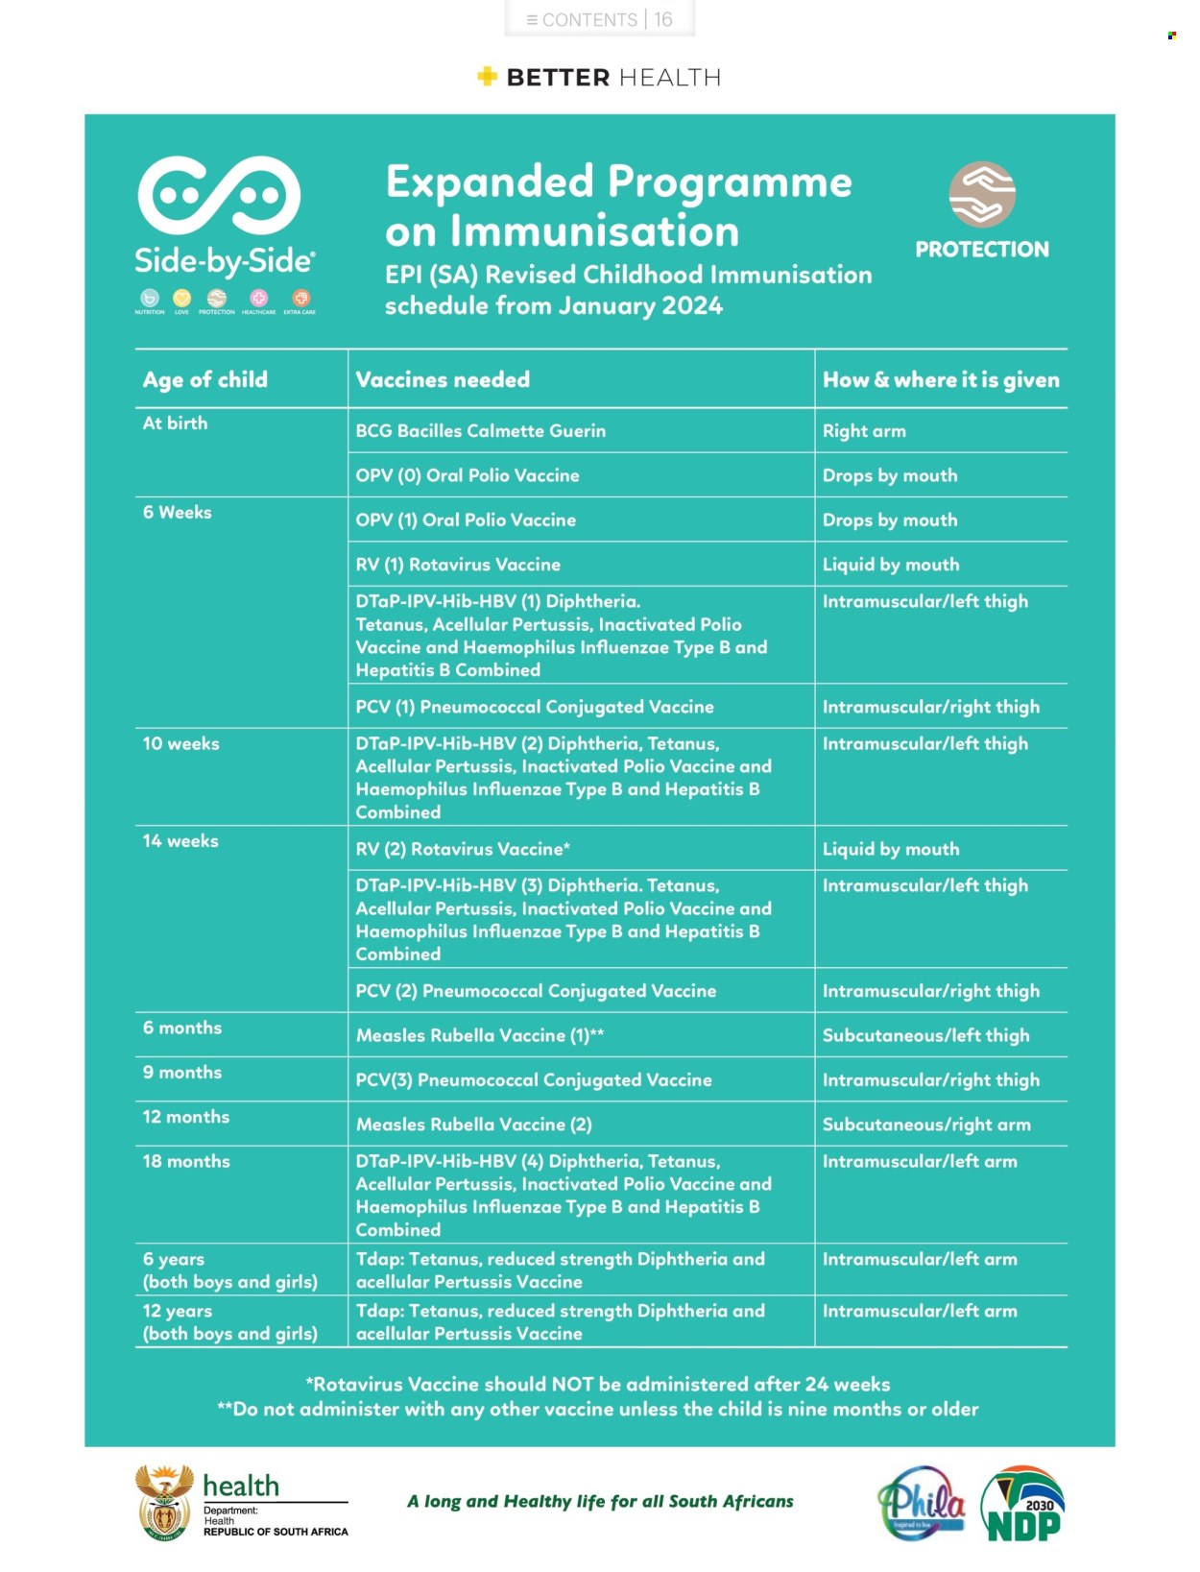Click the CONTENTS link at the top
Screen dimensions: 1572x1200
point(582,19)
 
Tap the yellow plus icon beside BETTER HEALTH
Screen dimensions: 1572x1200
point(487,76)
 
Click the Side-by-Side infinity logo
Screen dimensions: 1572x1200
point(219,196)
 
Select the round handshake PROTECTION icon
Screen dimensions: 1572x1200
point(981,193)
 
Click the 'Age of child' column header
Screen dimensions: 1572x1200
point(204,379)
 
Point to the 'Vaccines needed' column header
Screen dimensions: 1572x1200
point(443,379)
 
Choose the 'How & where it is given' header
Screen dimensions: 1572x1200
point(940,379)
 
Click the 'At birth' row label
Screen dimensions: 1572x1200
point(175,423)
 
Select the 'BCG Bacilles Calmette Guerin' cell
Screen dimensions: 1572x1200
point(480,431)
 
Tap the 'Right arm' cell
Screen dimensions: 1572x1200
point(863,431)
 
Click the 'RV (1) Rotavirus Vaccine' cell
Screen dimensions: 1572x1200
point(458,565)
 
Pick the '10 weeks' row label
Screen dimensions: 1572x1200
point(180,743)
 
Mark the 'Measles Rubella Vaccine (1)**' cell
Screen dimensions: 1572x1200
point(479,1035)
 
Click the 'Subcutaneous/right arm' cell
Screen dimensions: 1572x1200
point(925,1125)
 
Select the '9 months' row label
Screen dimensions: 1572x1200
point(181,1073)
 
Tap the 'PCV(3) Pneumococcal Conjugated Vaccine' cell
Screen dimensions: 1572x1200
point(533,1080)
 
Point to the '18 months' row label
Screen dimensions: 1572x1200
point(185,1161)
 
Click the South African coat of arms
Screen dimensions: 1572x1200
point(164,1503)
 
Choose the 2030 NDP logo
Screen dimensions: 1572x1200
point(1023,1504)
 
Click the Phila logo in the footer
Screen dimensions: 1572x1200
point(921,1503)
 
